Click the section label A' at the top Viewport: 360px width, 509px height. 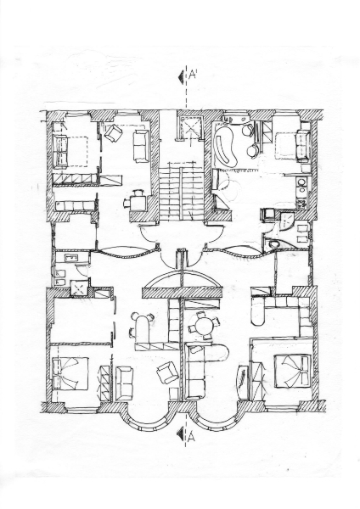[x=194, y=76]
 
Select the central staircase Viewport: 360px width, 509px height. [x=181, y=193]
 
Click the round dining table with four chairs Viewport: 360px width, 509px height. [x=204, y=326]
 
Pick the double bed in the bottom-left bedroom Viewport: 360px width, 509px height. [x=70, y=373]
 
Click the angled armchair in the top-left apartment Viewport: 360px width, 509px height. [x=113, y=133]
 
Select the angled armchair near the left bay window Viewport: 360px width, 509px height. [x=167, y=372]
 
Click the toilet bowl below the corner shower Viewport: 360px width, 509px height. [x=273, y=244]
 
